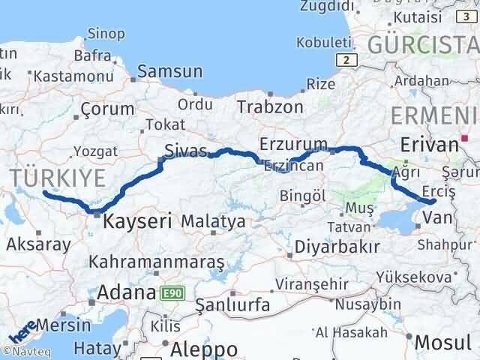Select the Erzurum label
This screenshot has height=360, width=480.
tap(293, 143)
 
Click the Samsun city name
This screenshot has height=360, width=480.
tap(170, 72)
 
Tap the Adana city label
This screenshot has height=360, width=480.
tap(125, 292)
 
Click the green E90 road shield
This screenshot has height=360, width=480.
tap(169, 292)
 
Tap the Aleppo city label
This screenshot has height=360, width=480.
tap(204, 349)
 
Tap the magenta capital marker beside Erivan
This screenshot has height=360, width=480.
tap(466, 138)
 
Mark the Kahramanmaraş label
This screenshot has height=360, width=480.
tap(157, 262)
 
